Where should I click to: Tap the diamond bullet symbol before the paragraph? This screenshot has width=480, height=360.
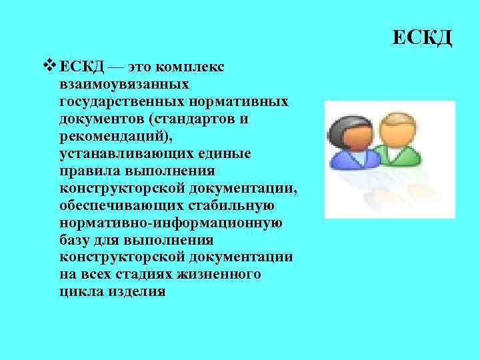(x=49, y=66)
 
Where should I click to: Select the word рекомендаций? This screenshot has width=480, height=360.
(x=111, y=136)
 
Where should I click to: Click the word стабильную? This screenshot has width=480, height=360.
(x=229, y=205)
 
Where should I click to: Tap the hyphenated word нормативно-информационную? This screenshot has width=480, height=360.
(x=171, y=223)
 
